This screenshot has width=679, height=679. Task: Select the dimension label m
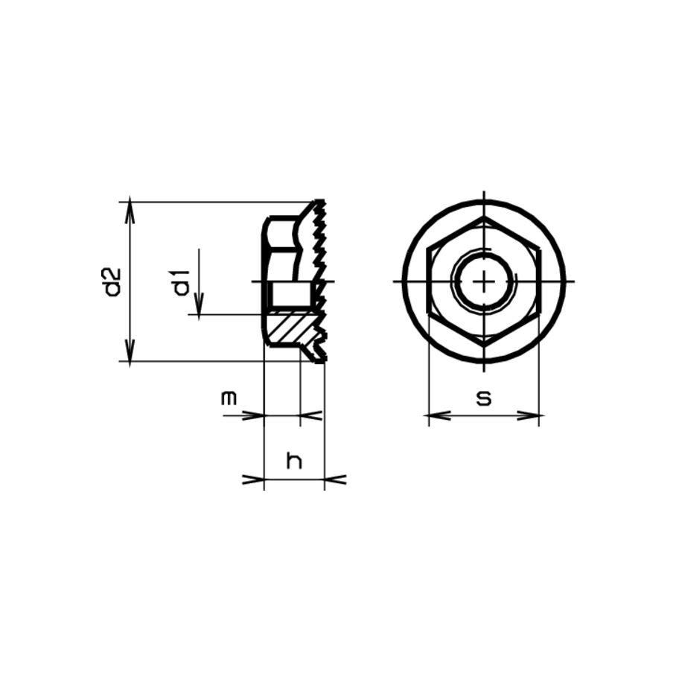(229, 398)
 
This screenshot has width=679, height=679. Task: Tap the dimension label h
(295, 462)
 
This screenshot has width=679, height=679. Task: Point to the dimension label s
(484, 398)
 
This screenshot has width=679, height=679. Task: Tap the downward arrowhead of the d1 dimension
(199, 307)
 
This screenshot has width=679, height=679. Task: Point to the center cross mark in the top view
(484, 281)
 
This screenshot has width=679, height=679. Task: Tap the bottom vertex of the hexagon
(484, 345)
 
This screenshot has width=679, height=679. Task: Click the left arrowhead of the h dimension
(255, 479)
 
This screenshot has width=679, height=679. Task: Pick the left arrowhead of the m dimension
(255, 415)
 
